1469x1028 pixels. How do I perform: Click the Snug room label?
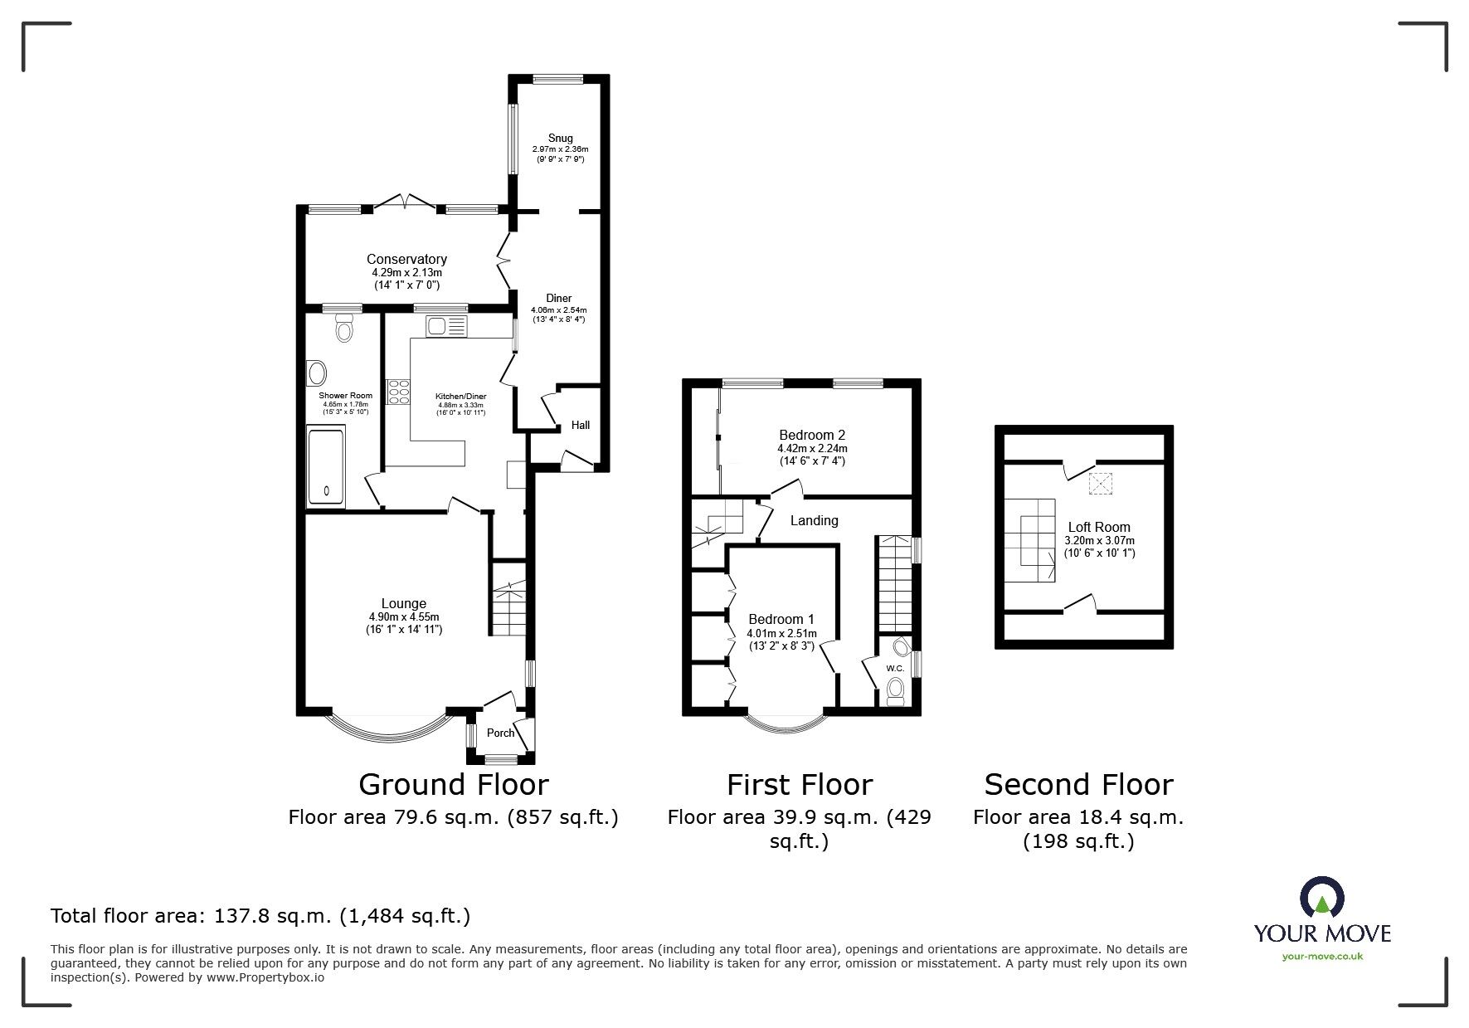pyautogui.click(x=560, y=138)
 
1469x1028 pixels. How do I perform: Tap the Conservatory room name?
pyautogui.click(x=406, y=260)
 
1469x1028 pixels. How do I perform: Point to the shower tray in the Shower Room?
pyautogui.click(x=325, y=466)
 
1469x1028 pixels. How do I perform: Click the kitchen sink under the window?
pyautogui.click(x=447, y=327)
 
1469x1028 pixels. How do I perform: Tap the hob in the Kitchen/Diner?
pyautogui.click(x=399, y=391)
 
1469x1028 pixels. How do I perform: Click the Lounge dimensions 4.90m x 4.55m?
pyautogui.click(x=404, y=616)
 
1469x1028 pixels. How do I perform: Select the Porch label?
pyautogui.click(x=500, y=733)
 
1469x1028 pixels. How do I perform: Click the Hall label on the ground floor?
pyautogui.click(x=581, y=425)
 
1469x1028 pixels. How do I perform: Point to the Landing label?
pyautogui.click(x=814, y=521)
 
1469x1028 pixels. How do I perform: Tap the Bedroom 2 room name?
pyautogui.click(x=812, y=435)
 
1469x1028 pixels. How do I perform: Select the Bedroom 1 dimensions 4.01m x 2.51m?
pyautogui.click(x=781, y=633)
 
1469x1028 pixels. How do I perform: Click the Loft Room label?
pyautogui.click(x=1099, y=527)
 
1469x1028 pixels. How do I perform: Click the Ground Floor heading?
pyautogui.click(x=453, y=784)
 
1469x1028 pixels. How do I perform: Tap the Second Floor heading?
pyautogui.click(x=1078, y=784)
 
